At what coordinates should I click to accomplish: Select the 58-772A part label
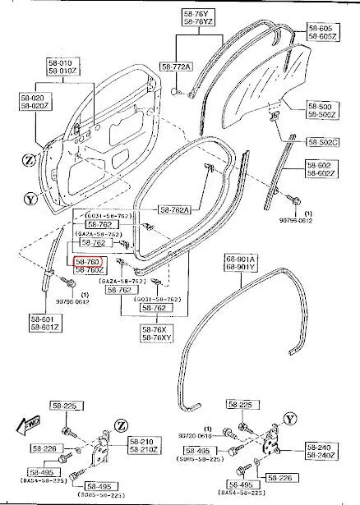[176, 66]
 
